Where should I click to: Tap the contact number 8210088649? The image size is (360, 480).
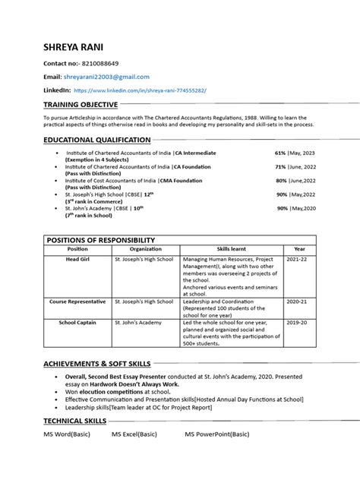[100, 63]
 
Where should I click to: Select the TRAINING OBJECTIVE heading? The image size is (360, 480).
[81, 104]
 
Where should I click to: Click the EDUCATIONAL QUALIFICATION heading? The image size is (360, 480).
[97, 141]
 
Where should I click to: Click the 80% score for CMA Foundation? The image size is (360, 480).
[280, 181]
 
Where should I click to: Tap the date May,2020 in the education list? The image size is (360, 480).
[302, 208]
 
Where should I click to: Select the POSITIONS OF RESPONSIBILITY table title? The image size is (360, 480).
[101, 240]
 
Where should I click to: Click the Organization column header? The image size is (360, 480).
[145, 249]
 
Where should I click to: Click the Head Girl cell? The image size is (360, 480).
[77, 260]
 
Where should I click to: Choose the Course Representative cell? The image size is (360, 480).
[77, 302]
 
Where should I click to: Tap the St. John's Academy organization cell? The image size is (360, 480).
[137, 322]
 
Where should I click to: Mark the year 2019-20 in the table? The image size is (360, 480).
[297, 322]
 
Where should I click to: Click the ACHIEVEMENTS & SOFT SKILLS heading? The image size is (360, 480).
[97, 364]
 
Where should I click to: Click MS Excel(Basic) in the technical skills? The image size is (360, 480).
[134, 434]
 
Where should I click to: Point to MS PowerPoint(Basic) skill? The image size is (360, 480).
[217, 434]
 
